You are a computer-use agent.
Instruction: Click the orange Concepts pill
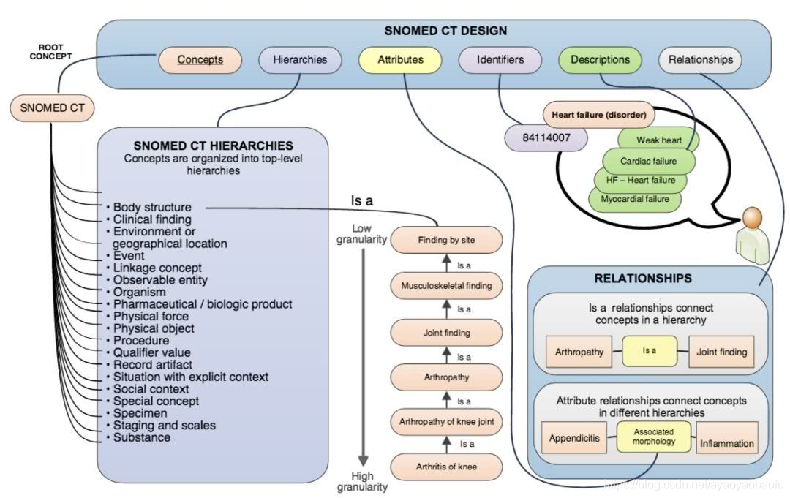[200, 60]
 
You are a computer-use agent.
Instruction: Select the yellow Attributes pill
[400, 60]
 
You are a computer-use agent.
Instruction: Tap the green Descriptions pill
[599, 60]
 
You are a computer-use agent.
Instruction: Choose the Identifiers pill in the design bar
[500, 60]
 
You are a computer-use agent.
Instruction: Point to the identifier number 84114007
[546, 137]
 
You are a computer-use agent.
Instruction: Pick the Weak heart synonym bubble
[658, 140]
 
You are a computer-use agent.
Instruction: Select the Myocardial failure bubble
[634, 198]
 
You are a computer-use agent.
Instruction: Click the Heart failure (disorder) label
[598, 115]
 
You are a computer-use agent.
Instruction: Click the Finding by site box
[446, 240]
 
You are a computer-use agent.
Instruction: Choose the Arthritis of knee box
[446, 467]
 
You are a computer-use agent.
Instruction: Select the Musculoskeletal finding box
[446, 285]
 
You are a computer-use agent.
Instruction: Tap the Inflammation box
[726, 443]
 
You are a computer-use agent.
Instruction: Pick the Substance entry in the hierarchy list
[142, 437]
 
